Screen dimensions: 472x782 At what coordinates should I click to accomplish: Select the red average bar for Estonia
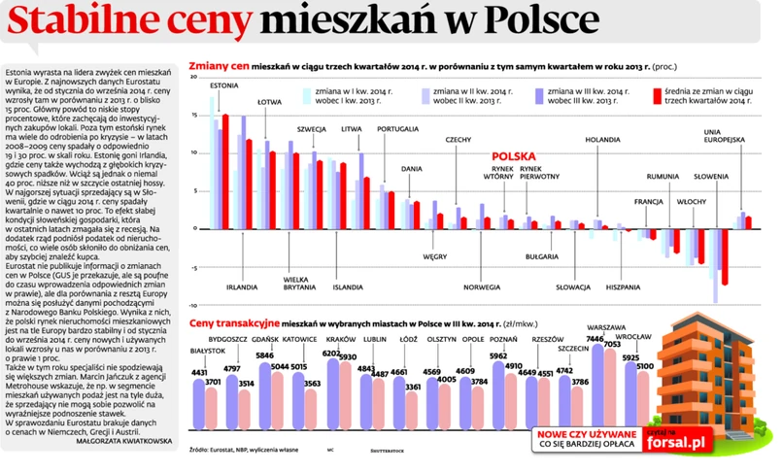pyautogui.click(x=225, y=165)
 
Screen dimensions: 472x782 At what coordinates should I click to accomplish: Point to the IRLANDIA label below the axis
pyautogui.click(x=242, y=287)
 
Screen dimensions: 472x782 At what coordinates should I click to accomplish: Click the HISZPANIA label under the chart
pyautogui.click(x=622, y=287)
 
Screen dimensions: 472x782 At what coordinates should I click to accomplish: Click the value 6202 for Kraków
pyautogui.click(x=331, y=353)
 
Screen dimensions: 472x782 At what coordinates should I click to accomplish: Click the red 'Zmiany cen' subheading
pyautogui.click(x=219, y=65)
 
